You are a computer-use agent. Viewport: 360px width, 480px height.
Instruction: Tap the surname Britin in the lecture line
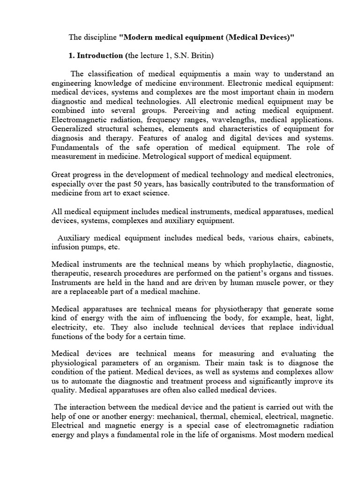tap(202, 56)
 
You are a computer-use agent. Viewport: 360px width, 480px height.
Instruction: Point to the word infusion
tap(66, 247)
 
